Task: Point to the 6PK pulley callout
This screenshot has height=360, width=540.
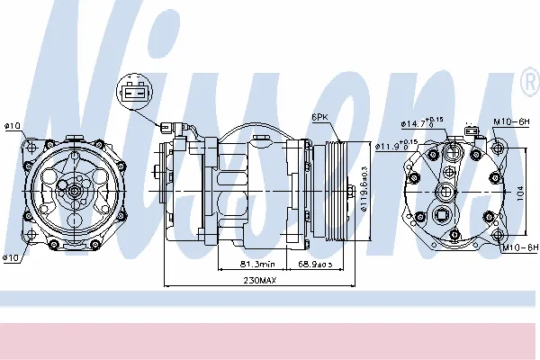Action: point(319,118)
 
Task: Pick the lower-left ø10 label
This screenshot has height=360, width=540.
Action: point(12,258)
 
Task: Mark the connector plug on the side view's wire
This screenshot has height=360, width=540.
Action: point(166,129)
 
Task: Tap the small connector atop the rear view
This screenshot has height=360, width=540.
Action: point(468,132)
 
